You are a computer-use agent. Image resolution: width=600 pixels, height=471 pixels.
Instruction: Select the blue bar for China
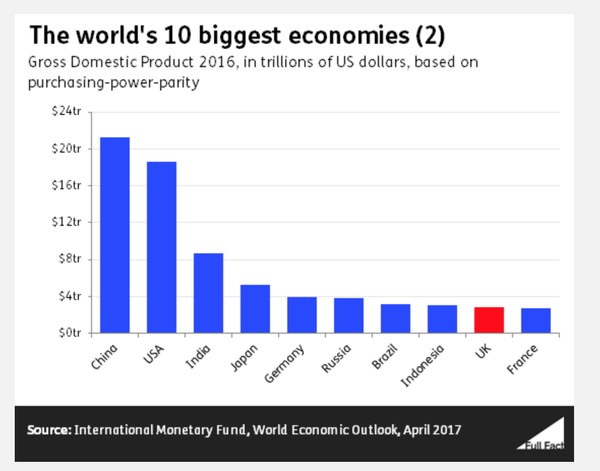tap(115, 235)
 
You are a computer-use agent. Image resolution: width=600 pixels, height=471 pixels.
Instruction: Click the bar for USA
tap(162, 247)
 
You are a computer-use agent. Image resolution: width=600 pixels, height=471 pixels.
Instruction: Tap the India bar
tap(208, 293)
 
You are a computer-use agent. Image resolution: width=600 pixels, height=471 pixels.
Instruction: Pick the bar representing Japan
tap(255, 309)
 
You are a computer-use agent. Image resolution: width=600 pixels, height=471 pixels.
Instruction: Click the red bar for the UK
tap(489, 320)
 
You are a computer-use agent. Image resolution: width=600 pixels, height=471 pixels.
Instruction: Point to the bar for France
tap(536, 320)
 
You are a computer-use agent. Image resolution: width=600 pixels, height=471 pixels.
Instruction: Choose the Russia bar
tap(349, 315)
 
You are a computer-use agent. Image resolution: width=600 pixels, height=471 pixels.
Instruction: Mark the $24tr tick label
tap(67, 111)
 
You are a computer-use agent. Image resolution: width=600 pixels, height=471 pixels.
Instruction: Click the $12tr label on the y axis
tap(67, 222)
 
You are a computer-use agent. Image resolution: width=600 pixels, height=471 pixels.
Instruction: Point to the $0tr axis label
tap(69, 333)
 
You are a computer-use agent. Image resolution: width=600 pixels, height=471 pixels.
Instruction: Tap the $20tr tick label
tap(67, 149)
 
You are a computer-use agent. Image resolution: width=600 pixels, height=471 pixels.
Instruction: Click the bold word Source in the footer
tap(49, 430)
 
